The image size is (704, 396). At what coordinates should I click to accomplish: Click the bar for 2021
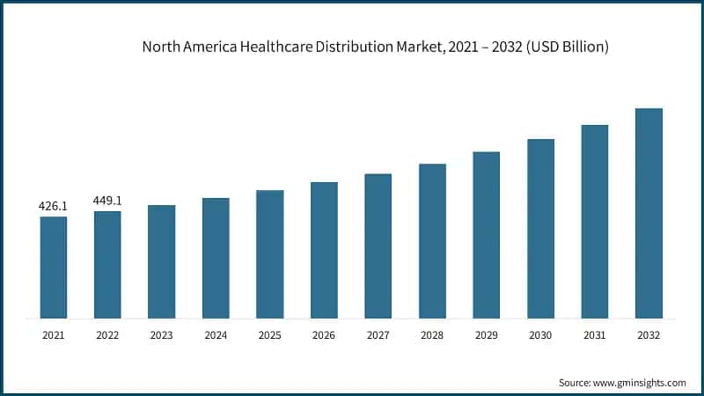(53, 268)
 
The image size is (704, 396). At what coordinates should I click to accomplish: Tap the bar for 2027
(378, 246)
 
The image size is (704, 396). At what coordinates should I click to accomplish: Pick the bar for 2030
(540, 229)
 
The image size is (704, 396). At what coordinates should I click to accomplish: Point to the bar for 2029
(487, 235)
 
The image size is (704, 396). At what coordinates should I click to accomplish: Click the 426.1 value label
(53, 206)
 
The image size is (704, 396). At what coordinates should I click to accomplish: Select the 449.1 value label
(107, 201)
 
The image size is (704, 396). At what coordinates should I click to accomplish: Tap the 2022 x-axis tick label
(107, 334)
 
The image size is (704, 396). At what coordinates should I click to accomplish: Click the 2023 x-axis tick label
(162, 334)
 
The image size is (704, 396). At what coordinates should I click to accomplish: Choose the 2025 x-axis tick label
(270, 334)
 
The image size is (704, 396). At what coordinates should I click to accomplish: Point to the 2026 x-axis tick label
(324, 334)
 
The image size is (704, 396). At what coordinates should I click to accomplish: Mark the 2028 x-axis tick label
(432, 334)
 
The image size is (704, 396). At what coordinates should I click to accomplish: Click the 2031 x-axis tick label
(595, 334)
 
